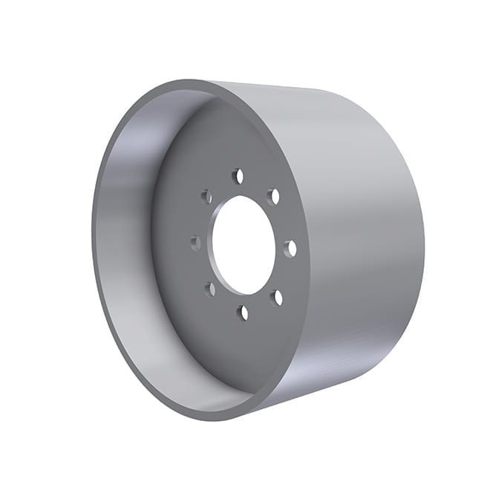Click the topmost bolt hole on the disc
(238, 177)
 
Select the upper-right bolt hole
(273, 197)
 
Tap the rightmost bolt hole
(290, 248)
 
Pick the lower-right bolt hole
(277, 298)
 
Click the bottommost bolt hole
(243, 313)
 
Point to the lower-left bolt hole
(210, 288)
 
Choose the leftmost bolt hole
(196, 242)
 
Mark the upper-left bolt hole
(207, 197)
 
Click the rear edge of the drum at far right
(422, 245)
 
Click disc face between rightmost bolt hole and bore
(281, 248)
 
